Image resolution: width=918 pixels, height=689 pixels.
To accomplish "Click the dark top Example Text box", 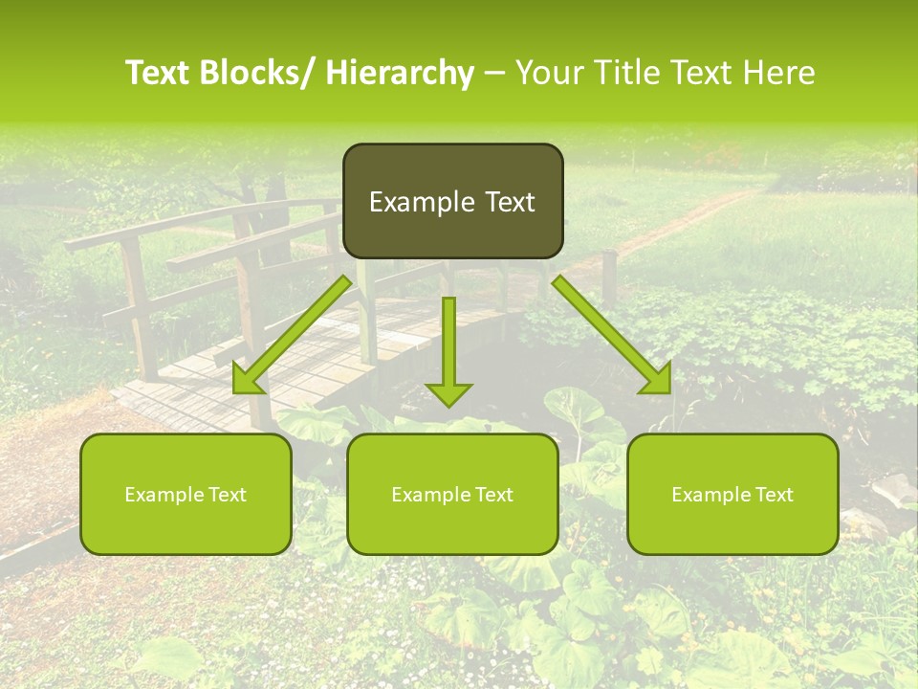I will pyautogui.click(x=452, y=201).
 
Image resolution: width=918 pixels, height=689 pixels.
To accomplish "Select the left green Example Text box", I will pyautogui.click(x=186, y=494).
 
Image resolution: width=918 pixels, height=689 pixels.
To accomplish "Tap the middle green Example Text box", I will pyautogui.click(x=452, y=494).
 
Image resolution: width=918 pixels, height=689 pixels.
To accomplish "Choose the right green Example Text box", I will pyautogui.click(x=732, y=494).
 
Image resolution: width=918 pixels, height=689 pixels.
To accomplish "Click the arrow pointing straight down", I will pyautogui.click(x=448, y=350).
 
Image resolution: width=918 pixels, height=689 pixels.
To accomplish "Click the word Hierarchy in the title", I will pyautogui.click(x=400, y=73).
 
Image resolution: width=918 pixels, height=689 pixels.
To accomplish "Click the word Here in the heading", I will pyautogui.click(x=778, y=73).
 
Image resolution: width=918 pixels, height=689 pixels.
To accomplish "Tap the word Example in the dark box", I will pyautogui.click(x=415, y=202).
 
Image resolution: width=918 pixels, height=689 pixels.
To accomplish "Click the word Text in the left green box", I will pyautogui.click(x=226, y=495).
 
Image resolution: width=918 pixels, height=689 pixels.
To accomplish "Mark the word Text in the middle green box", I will pyautogui.click(x=492, y=495).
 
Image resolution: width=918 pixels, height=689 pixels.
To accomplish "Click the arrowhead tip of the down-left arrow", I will pyautogui.click(x=237, y=390).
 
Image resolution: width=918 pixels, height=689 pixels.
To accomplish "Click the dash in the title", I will pyautogui.click(x=494, y=73).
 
